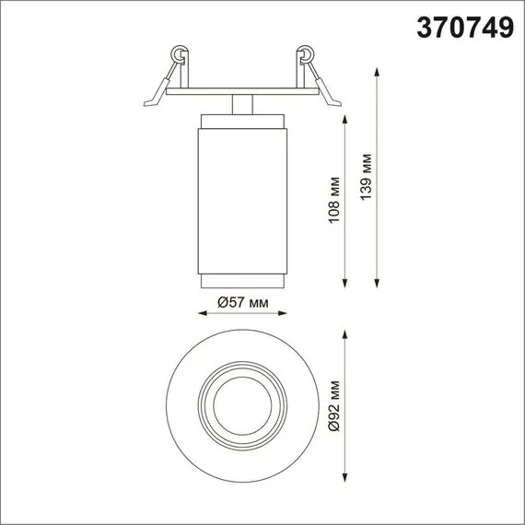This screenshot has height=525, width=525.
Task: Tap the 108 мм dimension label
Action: [335, 200]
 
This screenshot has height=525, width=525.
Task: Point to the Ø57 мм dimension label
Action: [243, 301]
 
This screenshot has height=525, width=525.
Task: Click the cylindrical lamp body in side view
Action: [243, 198]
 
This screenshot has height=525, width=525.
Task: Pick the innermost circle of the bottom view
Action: [242, 406]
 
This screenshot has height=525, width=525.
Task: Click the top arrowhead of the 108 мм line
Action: [345, 121]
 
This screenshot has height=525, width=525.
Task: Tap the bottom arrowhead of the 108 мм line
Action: [345, 281]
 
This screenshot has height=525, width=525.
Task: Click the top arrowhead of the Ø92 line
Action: [345, 337]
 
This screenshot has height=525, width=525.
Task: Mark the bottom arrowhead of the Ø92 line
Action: [345, 475]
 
